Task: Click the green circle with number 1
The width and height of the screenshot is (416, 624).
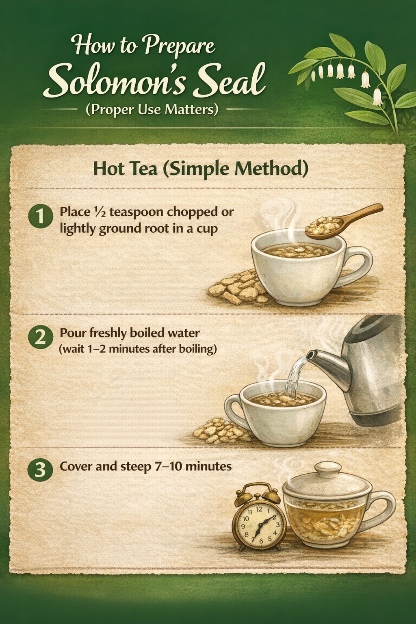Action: tap(40, 216)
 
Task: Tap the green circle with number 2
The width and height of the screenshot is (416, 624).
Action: tap(40, 337)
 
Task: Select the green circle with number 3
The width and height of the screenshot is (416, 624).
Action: tap(40, 470)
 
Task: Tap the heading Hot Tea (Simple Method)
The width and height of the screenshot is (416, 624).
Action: tap(200, 168)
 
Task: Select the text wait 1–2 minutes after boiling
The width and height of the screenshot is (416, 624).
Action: tap(137, 349)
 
